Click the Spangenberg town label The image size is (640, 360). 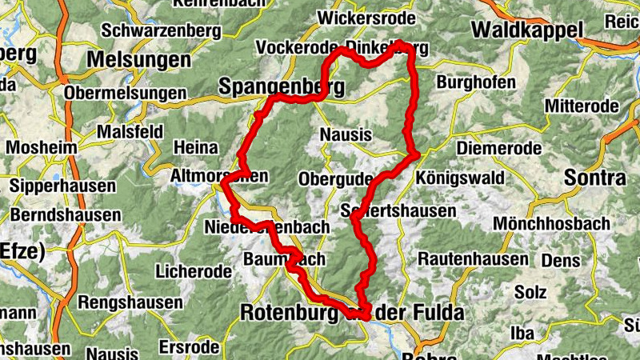tap(281, 86)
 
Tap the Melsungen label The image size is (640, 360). tap(139, 60)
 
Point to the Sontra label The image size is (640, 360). tap(594, 178)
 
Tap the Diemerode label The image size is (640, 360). tap(498, 148)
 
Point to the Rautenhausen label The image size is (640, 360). tap(473, 259)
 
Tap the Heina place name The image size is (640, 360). tap(195, 147)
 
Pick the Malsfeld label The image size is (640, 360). tap(130, 131)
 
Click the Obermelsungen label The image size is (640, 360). tap(125, 94)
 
